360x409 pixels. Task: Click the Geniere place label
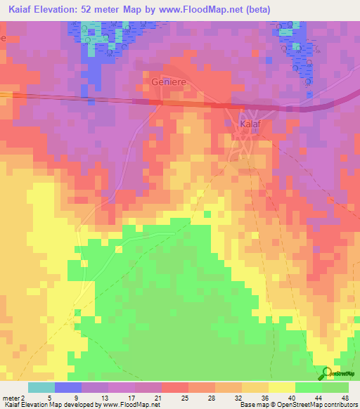pos(169,82)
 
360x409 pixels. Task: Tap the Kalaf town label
pos(251,124)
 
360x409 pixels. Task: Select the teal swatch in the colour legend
pos(41,387)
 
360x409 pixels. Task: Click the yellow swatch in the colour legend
pos(281,387)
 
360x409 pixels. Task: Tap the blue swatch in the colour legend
pos(68,387)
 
